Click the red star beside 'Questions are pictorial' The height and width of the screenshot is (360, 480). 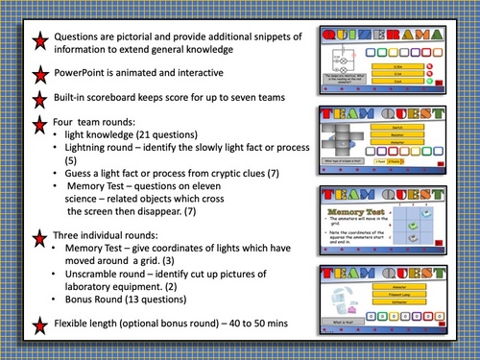coord(40,41)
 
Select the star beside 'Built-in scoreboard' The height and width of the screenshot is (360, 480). coord(40,100)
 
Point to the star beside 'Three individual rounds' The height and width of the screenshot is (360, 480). coord(40,239)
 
